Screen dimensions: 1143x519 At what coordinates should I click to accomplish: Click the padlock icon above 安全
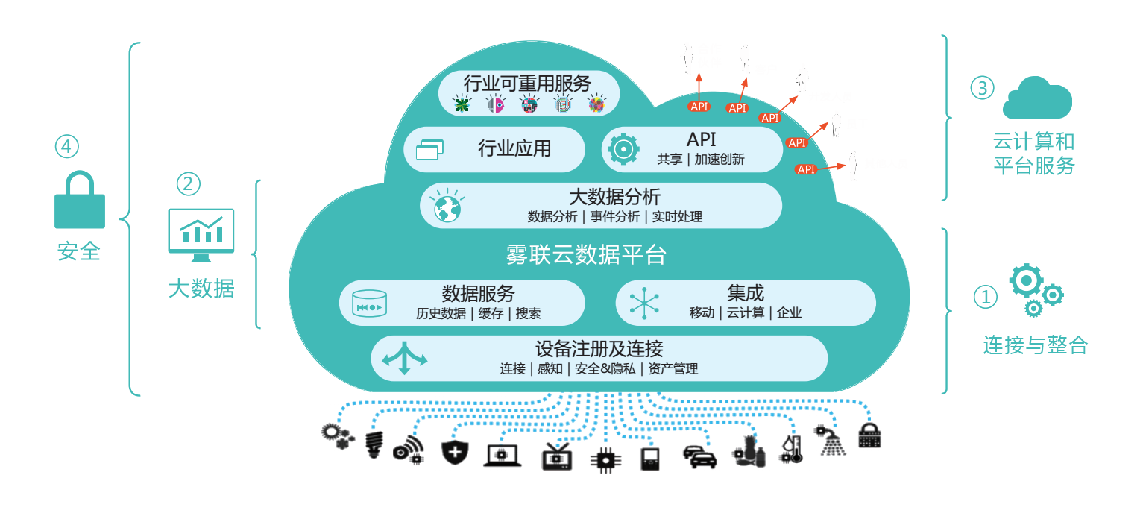[x=80, y=200]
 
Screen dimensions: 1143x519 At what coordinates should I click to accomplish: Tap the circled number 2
[x=189, y=184]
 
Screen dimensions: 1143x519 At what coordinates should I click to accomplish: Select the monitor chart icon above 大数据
[x=201, y=235]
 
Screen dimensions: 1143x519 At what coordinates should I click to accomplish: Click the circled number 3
[x=982, y=88]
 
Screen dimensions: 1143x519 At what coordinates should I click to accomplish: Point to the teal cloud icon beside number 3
[x=1037, y=98]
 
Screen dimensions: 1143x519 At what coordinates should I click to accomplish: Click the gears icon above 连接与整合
[x=1036, y=290]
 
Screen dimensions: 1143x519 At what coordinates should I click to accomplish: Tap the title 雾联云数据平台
[x=586, y=254]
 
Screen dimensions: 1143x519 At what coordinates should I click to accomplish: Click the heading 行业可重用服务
[x=527, y=84]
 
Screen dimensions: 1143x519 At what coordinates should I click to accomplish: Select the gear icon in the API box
[x=623, y=149]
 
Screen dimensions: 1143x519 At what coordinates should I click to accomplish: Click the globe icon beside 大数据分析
[x=447, y=206]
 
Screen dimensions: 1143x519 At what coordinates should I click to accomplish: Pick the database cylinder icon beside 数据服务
[x=369, y=303]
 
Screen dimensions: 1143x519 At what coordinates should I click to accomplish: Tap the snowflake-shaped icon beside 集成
[x=644, y=303]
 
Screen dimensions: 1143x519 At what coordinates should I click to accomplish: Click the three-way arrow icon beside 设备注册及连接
[x=405, y=358]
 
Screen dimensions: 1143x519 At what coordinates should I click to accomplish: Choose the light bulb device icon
[x=374, y=445]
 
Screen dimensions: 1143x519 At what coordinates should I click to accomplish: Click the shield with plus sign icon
[x=455, y=452]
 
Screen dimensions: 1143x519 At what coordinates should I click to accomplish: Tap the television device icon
[x=557, y=456]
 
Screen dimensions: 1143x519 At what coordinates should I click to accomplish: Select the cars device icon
[x=699, y=457]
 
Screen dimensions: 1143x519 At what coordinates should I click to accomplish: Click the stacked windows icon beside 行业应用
[x=429, y=150]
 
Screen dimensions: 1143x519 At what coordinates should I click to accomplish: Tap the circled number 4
[x=67, y=146]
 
